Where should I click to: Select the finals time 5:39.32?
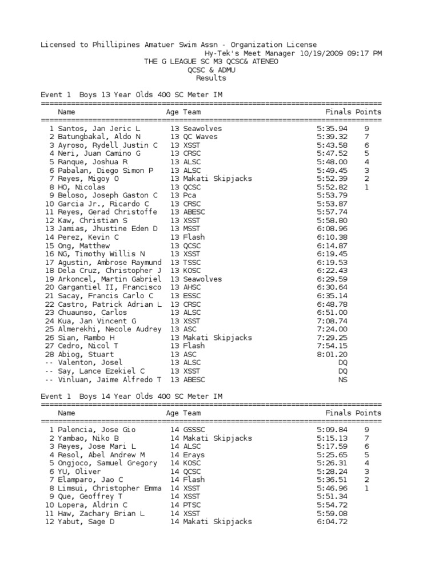click(x=332, y=137)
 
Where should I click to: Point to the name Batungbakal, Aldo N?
click(x=99, y=137)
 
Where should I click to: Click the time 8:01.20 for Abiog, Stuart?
click(x=332, y=354)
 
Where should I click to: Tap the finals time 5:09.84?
click(x=332, y=430)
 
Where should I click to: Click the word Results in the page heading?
click(x=211, y=78)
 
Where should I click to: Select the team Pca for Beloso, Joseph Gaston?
click(x=189, y=195)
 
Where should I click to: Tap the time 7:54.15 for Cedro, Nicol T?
click(x=332, y=346)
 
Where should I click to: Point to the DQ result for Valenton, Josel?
click(x=342, y=363)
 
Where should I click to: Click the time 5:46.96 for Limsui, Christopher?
click(x=332, y=488)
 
